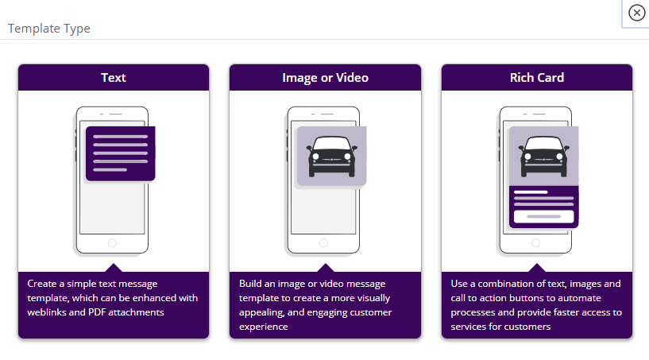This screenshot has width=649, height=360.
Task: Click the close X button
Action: click(x=636, y=13)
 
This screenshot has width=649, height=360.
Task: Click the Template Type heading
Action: click(x=49, y=29)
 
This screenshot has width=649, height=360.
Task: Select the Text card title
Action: click(x=113, y=78)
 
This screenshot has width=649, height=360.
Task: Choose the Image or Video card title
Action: click(x=325, y=78)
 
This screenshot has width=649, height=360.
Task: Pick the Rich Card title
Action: click(x=537, y=78)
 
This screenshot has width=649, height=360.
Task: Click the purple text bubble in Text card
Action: click(x=120, y=153)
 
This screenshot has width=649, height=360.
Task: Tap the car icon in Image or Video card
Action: click(x=330, y=156)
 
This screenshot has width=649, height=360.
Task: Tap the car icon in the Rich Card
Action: click(x=543, y=156)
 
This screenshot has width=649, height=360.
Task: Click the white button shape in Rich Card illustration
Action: click(x=543, y=216)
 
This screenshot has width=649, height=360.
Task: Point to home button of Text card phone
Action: click(x=112, y=243)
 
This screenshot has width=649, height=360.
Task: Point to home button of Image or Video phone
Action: click(x=324, y=243)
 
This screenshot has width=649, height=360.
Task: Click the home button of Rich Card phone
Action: click(x=536, y=243)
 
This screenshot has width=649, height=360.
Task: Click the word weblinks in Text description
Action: click(x=48, y=312)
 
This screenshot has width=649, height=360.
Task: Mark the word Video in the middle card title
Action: click(x=351, y=78)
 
